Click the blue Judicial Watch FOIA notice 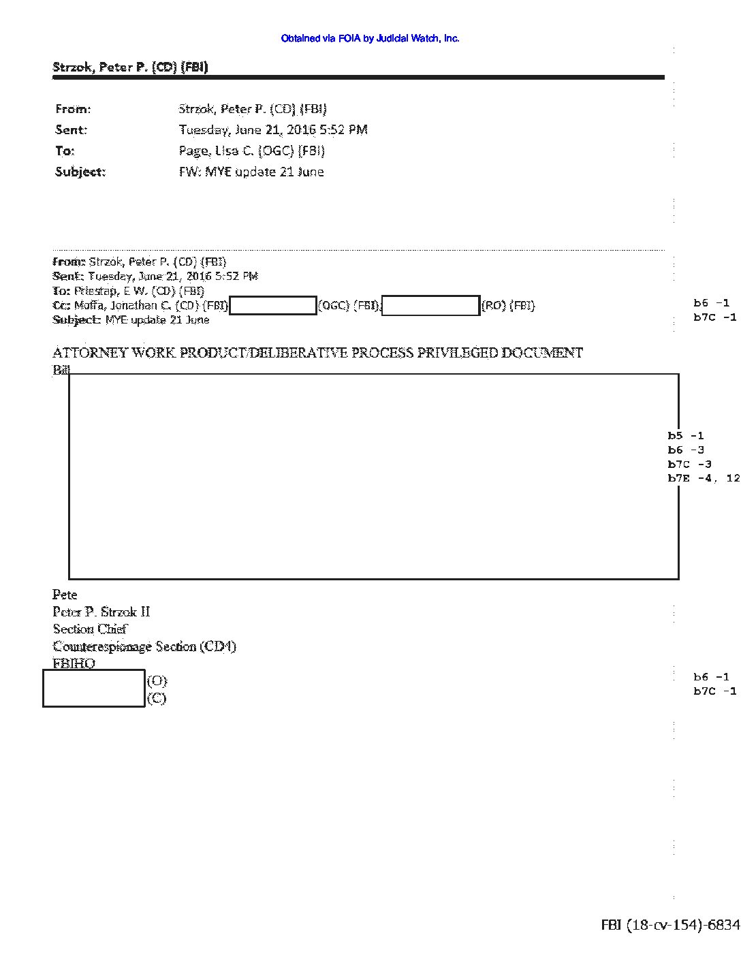[x=370, y=39]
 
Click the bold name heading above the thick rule [x=130, y=67]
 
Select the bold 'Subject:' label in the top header [x=80, y=172]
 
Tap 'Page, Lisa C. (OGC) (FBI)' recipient [x=251, y=151]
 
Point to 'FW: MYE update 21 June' [x=251, y=172]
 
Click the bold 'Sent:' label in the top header [x=71, y=129]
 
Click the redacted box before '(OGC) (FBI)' [x=273, y=305]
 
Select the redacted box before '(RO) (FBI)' [x=430, y=306]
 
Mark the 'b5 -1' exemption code [x=685, y=436]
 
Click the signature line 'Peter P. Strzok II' [x=101, y=612]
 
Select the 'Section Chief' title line [x=90, y=629]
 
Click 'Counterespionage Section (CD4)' [x=144, y=646]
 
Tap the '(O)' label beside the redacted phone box [x=157, y=681]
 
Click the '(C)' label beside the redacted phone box [x=157, y=698]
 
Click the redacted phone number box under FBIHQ [x=94, y=689]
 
